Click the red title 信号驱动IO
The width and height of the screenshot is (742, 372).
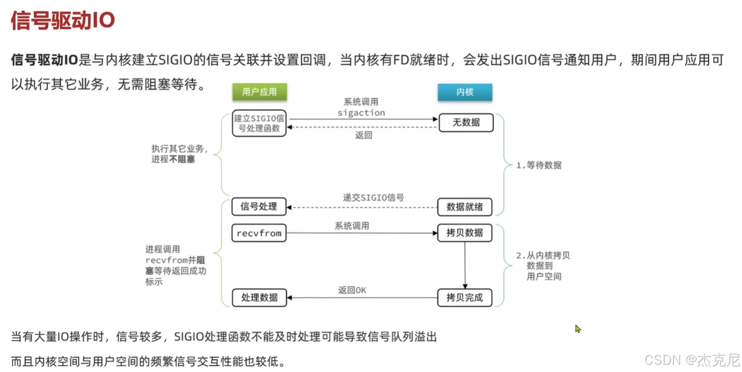[x=63, y=20]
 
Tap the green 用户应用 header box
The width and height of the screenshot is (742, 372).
[x=260, y=92]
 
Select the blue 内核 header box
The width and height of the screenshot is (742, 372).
[x=465, y=92]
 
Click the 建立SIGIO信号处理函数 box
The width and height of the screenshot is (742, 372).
[x=260, y=123]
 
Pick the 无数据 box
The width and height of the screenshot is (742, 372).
[x=466, y=123]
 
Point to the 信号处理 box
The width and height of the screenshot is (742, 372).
[x=259, y=207]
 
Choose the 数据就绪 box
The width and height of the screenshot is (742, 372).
[x=465, y=207]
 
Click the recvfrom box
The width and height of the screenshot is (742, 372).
[x=259, y=233]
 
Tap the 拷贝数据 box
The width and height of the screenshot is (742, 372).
[x=465, y=233]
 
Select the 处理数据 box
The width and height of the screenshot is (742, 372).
[x=259, y=297]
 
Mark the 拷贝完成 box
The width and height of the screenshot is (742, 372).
[x=465, y=297]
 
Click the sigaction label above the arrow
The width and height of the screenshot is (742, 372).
[x=361, y=113]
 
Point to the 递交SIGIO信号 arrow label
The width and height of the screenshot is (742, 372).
[x=373, y=197]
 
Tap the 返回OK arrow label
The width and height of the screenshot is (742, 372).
[x=352, y=291]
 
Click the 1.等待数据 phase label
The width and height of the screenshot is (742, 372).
[x=538, y=165]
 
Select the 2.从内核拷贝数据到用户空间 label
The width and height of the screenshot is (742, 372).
[x=543, y=266]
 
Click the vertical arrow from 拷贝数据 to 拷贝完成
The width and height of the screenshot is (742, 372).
[x=465, y=264]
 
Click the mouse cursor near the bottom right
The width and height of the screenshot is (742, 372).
[x=578, y=329]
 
